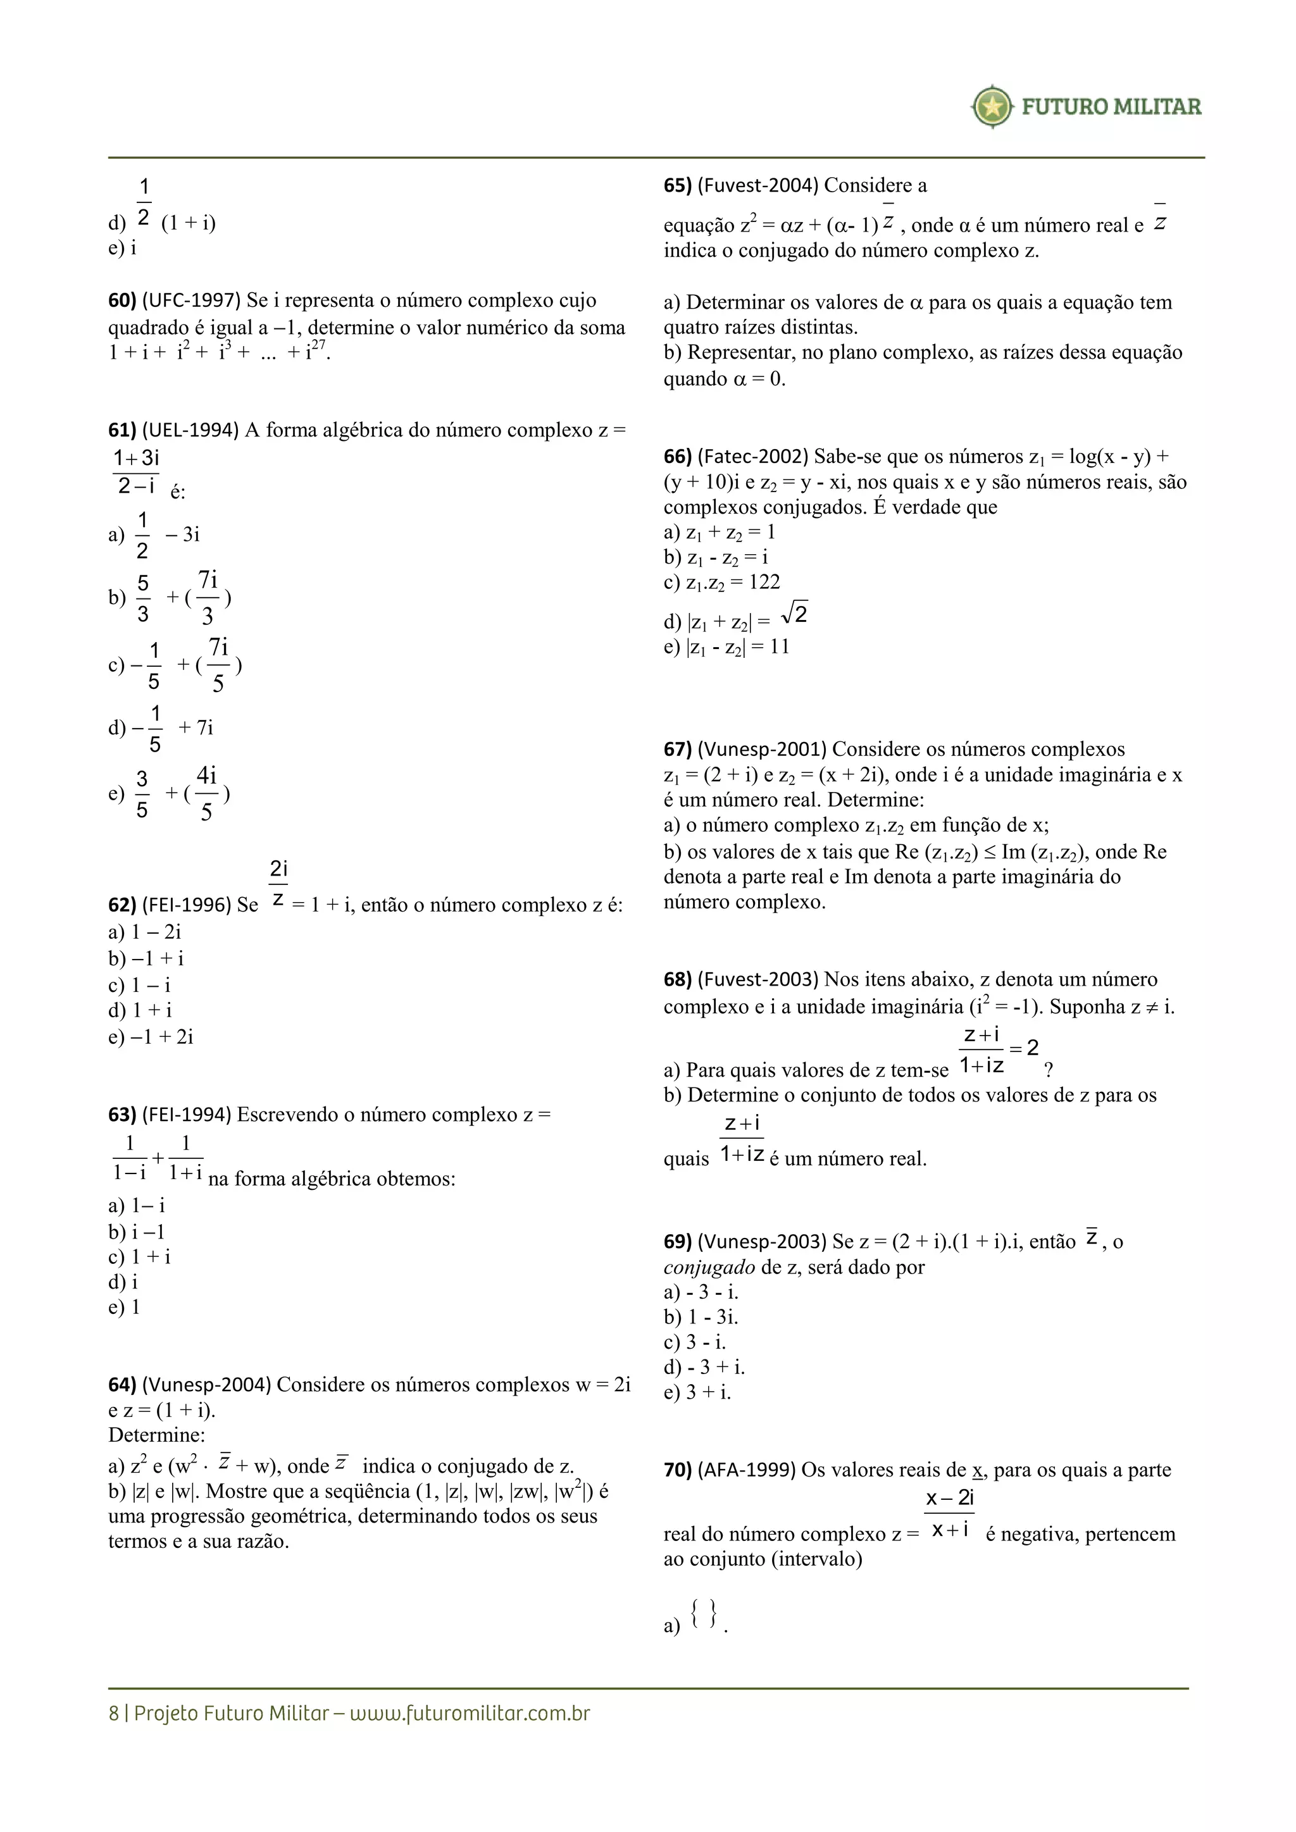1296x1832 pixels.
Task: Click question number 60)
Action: tap(122, 301)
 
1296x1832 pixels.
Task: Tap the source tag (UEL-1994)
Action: tap(190, 431)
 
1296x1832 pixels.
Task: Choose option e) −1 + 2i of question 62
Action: tap(151, 1037)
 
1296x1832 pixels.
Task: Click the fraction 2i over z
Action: tap(278, 883)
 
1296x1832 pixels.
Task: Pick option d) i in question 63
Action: tap(123, 1282)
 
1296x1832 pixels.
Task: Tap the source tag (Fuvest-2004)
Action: tap(757, 186)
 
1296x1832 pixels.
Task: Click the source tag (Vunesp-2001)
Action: tap(761, 750)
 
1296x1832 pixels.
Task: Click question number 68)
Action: tap(678, 980)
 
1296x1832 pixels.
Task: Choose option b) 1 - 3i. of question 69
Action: tap(701, 1317)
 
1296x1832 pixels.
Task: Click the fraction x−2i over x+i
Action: tap(949, 1513)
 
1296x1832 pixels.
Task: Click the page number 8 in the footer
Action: tap(113, 1714)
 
